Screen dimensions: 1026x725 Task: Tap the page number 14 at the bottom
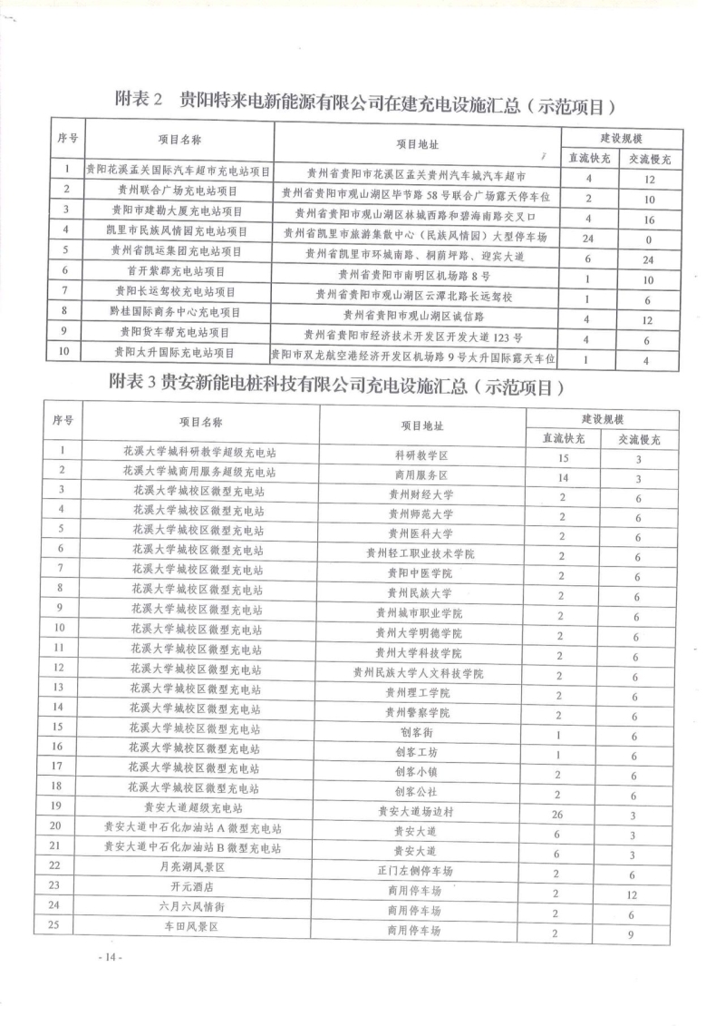pos(111,957)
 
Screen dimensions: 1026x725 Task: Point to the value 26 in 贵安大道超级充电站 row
pos(557,814)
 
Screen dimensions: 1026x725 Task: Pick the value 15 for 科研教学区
pos(562,451)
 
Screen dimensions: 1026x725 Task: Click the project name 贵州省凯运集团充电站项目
pos(172,250)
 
